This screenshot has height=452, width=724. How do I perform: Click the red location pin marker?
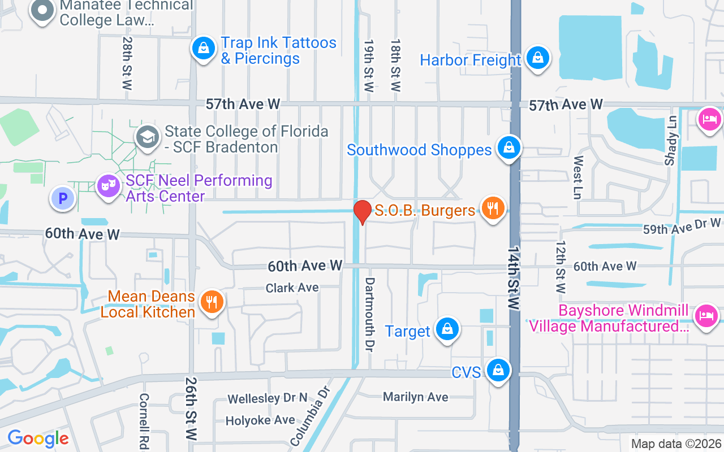[x=362, y=212]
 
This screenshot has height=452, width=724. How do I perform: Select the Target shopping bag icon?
[x=447, y=329]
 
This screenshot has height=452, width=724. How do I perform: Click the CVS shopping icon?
[x=498, y=371]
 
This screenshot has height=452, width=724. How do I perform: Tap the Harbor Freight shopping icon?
[x=537, y=58]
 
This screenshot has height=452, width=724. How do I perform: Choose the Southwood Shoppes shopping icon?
[x=509, y=148]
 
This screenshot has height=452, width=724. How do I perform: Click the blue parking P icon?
[x=63, y=198]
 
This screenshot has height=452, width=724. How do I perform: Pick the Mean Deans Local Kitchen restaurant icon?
[x=212, y=302]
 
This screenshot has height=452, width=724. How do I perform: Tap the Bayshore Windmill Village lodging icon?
[x=706, y=315]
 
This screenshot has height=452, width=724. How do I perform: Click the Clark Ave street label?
[x=292, y=288]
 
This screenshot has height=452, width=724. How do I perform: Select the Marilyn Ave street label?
[x=416, y=397]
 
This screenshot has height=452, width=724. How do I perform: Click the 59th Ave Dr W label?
[x=682, y=227]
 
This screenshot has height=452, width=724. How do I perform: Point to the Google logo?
[x=38, y=438]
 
